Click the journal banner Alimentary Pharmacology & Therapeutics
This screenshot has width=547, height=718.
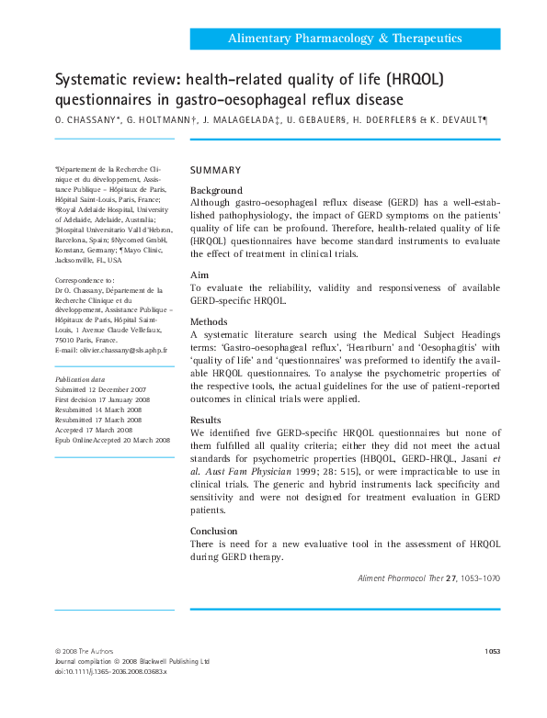(x=345, y=39)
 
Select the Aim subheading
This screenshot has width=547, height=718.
(x=199, y=275)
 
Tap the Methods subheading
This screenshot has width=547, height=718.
(x=209, y=321)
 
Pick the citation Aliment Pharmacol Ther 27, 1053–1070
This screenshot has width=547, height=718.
(x=427, y=579)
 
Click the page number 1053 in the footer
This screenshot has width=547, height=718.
(x=491, y=651)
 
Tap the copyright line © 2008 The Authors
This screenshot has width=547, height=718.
(x=85, y=651)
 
